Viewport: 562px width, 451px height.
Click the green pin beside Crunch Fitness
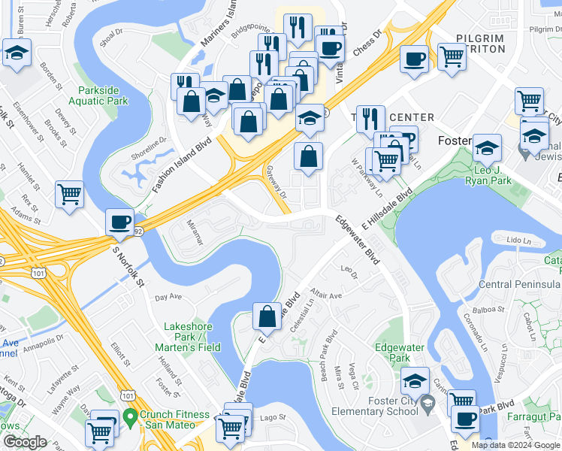tap(129, 416)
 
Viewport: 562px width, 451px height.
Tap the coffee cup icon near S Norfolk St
tap(119, 222)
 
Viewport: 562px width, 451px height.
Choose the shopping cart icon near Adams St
tap(69, 194)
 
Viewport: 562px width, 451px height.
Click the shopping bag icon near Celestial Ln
tap(267, 316)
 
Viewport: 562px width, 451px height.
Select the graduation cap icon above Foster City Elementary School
tap(415, 381)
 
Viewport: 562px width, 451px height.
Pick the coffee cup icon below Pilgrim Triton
tap(413, 58)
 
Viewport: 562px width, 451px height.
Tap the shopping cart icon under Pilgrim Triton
tap(452, 56)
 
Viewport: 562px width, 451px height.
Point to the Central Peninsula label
tap(519, 284)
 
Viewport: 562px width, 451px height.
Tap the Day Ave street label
tap(168, 298)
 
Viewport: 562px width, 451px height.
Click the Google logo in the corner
tap(25, 442)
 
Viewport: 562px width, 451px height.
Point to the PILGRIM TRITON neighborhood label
tap(482, 43)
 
